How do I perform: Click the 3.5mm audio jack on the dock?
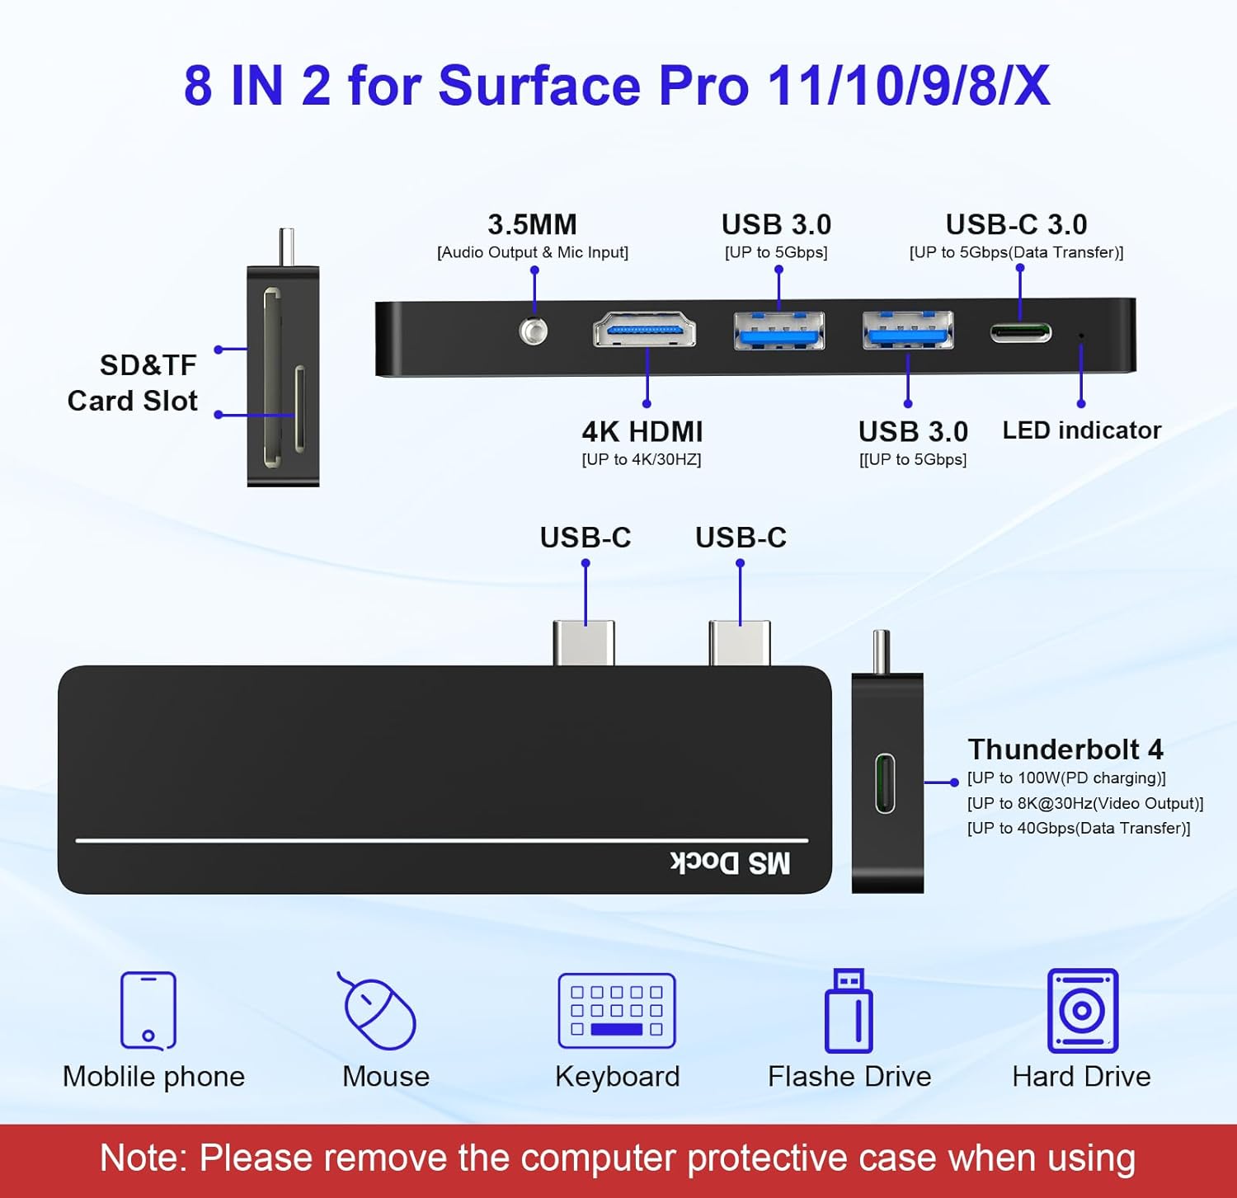coord(534,331)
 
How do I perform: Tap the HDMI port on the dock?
coord(644,331)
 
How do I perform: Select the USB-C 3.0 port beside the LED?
coord(1020,332)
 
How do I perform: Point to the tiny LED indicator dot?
coord(1081,336)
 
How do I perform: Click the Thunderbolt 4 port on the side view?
coord(885,782)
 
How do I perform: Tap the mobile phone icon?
coord(148,1010)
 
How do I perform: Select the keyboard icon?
coord(617,1010)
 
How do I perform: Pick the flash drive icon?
coord(849,1011)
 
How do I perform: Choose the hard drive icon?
coord(1082,1010)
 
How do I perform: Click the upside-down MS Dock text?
coord(730,862)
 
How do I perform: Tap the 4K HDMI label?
coord(642,431)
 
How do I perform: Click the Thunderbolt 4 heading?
coord(1065,749)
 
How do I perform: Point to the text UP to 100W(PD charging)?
coord(1066,778)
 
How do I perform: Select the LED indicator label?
coord(1081,430)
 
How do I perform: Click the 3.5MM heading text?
coord(532,224)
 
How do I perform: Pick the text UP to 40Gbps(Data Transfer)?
coord(1078,828)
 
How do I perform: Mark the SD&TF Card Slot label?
coord(134,383)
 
